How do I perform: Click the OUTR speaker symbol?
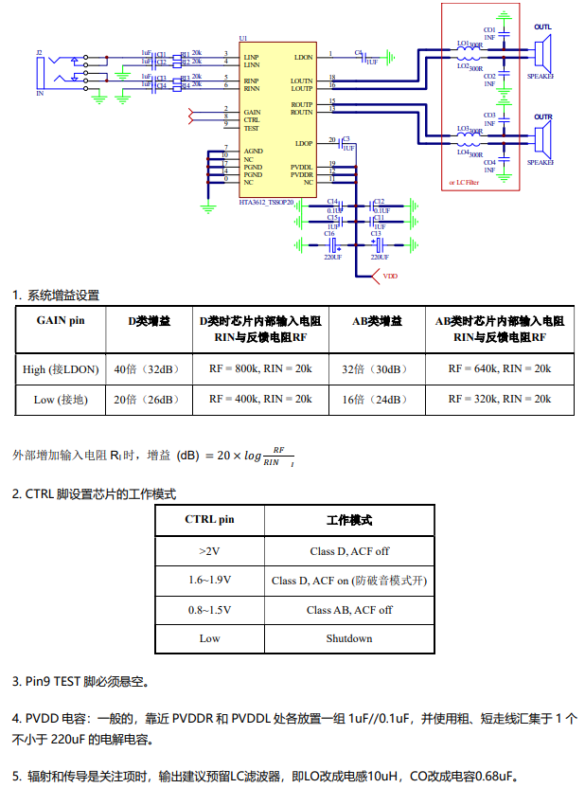pos(541,140)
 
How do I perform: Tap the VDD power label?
pos(390,276)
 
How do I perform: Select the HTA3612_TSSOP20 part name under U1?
pos(266,202)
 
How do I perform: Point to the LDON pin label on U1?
pos(303,57)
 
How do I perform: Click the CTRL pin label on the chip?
pos(251,120)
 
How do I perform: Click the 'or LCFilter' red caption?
pos(469,182)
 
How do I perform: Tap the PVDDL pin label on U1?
pos(302,167)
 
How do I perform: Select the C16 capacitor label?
pos(329,233)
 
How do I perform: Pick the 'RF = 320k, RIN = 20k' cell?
pos(499,399)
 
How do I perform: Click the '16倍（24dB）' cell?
pos(372,400)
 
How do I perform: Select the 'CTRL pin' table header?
pos(209,520)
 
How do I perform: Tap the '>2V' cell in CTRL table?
pos(209,550)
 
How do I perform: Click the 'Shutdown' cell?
pos(349,638)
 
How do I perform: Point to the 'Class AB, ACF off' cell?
pos(349,610)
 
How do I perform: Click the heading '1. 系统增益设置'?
pos(56,295)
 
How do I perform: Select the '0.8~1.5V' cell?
pos(209,610)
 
